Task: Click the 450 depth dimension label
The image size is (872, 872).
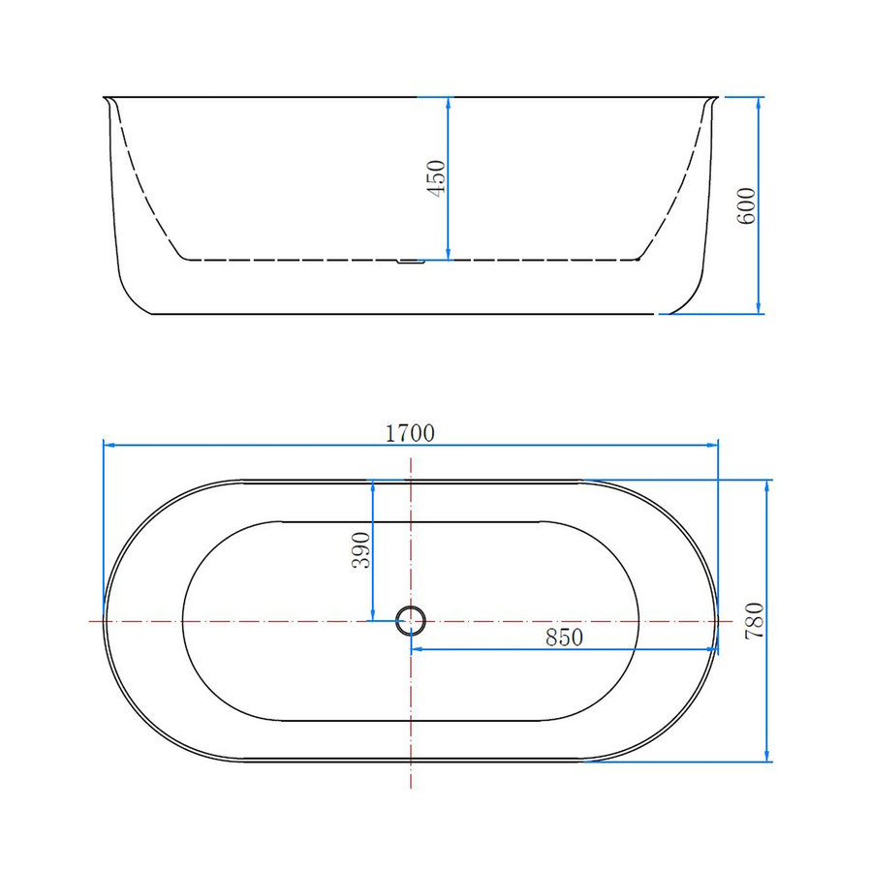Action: click(436, 179)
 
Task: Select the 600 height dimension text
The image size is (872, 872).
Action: click(746, 204)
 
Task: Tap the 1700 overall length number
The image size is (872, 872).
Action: click(410, 433)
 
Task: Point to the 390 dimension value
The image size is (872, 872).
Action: click(360, 549)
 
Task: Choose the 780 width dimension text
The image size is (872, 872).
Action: click(756, 620)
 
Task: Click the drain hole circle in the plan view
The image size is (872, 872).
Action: click(411, 620)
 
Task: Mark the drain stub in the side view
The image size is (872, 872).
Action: click(412, 261)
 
